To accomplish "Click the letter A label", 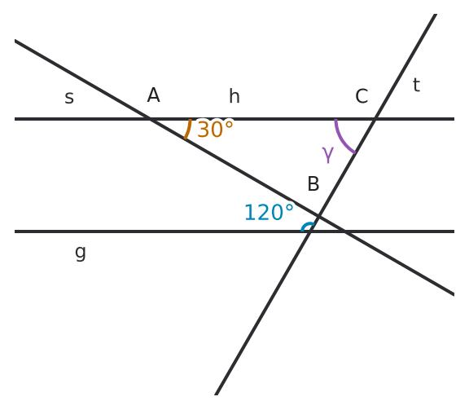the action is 153,95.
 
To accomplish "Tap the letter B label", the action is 313,183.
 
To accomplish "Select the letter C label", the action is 362,96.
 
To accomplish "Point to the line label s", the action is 69,98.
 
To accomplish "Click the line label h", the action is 234,96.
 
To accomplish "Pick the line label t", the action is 416,85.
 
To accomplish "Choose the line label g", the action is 81,252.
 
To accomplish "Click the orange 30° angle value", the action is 215,129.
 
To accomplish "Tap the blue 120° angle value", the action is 269,212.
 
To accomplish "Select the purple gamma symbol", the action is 328,155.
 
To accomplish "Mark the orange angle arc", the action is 188,130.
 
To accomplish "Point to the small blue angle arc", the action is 306,225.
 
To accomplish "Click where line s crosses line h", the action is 150,119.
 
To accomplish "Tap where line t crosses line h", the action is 375,119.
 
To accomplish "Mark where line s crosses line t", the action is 319,216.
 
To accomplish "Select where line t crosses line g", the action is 310,231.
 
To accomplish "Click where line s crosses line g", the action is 344,231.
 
